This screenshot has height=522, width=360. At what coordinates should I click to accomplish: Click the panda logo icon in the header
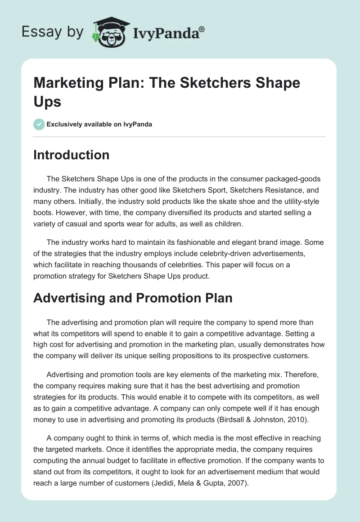(108, 31)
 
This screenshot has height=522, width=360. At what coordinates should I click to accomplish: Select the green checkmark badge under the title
(39, 124)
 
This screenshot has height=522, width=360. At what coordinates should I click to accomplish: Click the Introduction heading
(71, 155)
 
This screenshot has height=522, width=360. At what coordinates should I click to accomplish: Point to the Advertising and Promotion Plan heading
(133, 298)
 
